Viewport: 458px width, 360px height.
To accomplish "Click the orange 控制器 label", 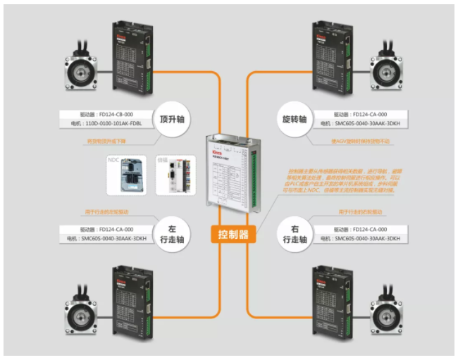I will (234, 234).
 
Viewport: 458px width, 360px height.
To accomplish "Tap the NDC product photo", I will (125, 175).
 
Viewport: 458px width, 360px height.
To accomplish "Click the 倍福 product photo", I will (167, 175).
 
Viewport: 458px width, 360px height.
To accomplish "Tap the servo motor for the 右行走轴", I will (390, 304).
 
